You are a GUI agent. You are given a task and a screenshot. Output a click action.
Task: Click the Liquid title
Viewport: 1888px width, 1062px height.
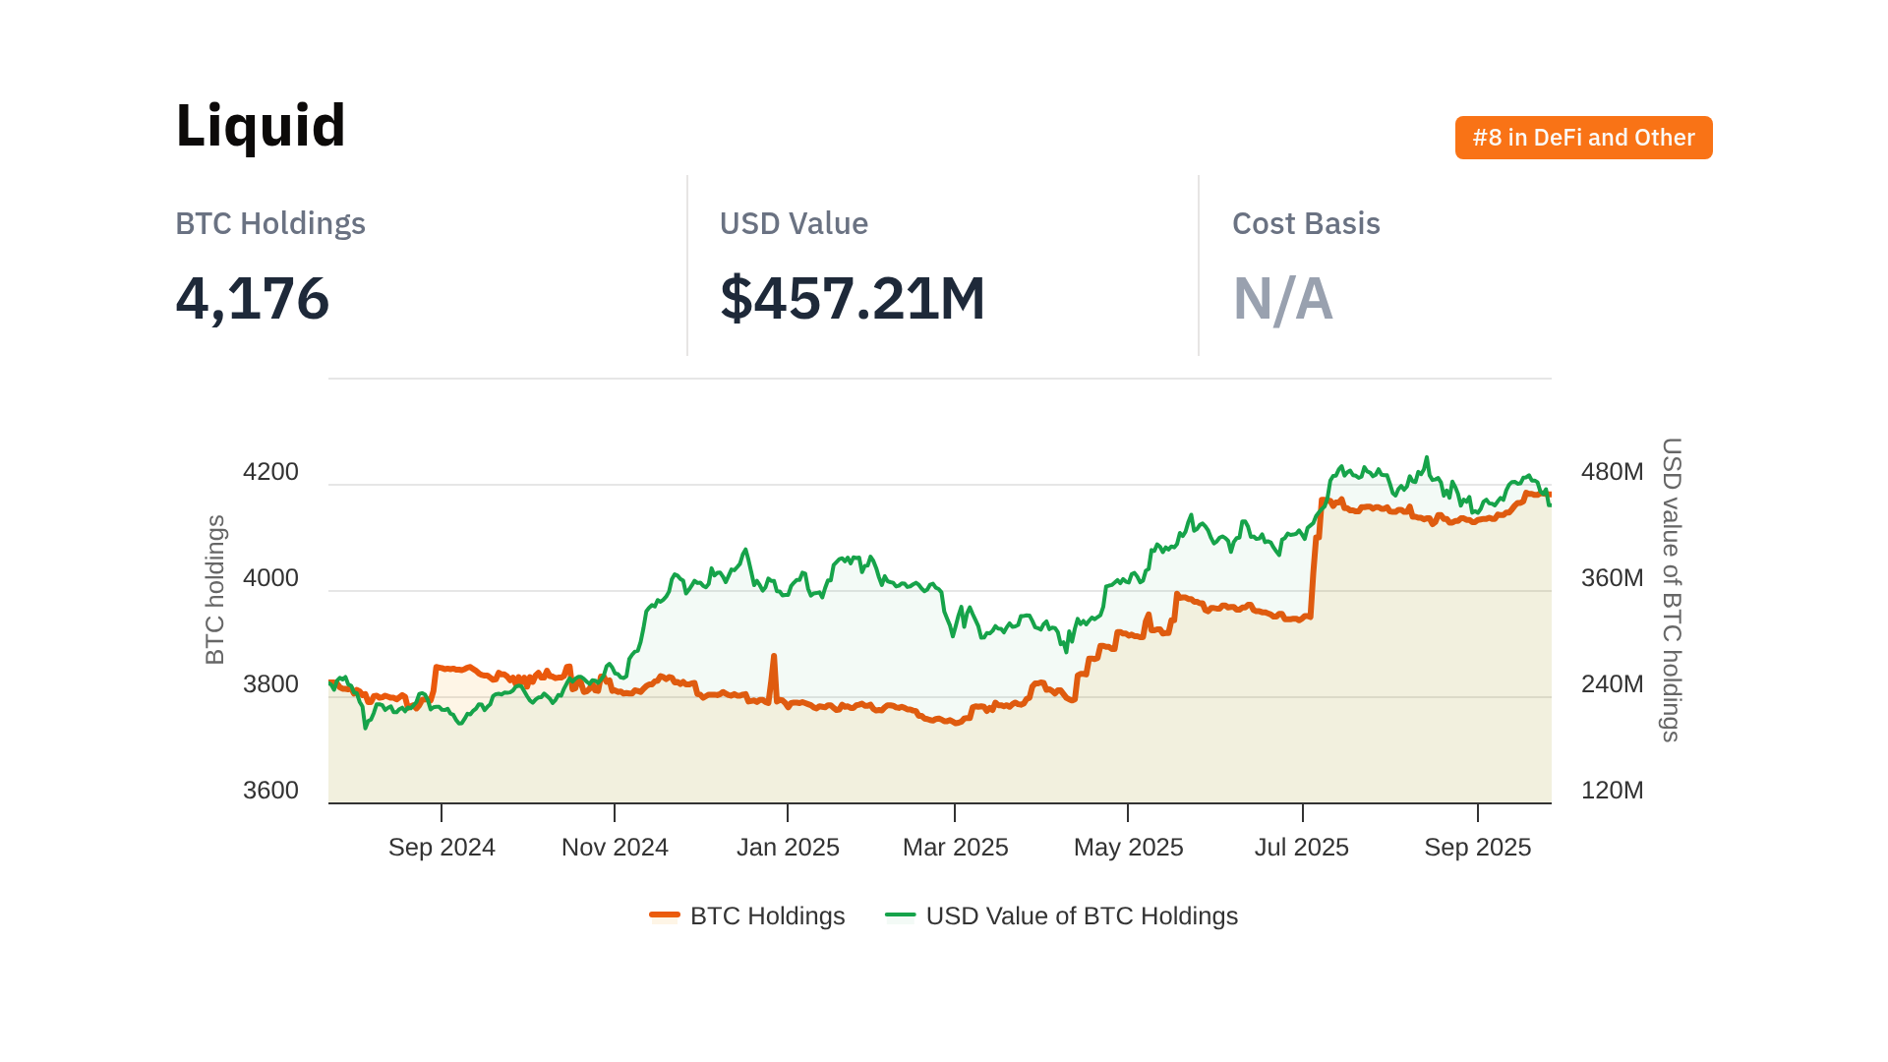click(x=261, y=126)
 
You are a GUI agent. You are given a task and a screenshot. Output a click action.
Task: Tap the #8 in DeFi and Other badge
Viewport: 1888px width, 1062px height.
click(x=1583, y=138)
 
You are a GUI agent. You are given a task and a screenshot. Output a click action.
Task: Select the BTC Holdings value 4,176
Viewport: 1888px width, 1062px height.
click(x=253, y=299)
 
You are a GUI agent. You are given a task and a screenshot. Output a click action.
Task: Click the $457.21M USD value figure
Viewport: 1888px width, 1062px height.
click(x=853, y=299)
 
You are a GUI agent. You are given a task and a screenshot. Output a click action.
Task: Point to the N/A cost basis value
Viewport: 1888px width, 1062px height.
click(x=1282, y=299)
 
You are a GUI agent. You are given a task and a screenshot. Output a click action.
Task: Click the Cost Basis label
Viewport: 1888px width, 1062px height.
click(x=1306, y=224)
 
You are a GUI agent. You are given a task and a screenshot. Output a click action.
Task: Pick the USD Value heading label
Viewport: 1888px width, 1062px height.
click(x=794, y=224)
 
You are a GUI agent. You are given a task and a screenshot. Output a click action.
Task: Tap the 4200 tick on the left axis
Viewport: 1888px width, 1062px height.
click(x=270, y=472)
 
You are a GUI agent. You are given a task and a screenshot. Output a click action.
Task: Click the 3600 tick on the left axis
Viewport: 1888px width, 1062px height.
click(x=270, y=791)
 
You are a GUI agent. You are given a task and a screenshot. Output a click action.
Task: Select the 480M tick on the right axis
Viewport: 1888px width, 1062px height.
click(x=1612, y=472)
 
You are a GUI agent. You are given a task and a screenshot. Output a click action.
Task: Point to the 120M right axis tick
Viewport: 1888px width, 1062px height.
click(x=1612, y=791)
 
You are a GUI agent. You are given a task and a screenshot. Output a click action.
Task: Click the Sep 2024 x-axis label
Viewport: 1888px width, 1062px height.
click(x=442, y=848)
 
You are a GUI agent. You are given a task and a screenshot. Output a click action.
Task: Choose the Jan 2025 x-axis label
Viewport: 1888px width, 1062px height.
click(x=788, y=848)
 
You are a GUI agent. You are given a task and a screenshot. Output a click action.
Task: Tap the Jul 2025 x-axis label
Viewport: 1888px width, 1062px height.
click(x=1301, y=848)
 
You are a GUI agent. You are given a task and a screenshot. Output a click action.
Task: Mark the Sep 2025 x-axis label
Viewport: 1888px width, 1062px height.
click(x=1477, y=848)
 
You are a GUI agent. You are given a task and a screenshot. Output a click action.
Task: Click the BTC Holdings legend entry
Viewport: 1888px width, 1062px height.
click(x=747, y=916)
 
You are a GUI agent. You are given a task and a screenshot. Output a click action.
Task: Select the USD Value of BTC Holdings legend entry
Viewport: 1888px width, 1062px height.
click(x=1062, y=916)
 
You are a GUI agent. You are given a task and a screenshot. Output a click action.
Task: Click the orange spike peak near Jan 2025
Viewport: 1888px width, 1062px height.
click(x=774, y=657)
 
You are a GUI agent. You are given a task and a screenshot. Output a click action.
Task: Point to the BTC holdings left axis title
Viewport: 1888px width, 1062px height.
click(x=215, y=590)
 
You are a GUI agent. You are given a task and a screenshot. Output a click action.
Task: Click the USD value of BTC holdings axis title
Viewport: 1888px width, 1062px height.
click(x=1671, y=590)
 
